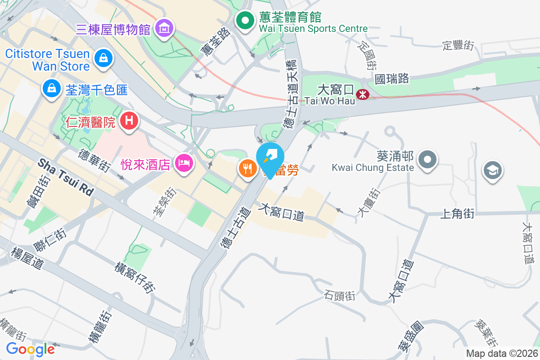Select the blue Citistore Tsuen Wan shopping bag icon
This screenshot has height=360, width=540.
(103, 58)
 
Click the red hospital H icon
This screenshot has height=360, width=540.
(130, 121)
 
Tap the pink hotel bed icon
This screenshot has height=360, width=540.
(184, 162)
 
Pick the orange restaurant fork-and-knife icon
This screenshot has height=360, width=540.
(247, 168)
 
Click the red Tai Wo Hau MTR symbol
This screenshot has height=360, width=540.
(362, 94)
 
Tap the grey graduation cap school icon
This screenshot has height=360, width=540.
(492, 170)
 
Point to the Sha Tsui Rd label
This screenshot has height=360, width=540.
(66, 177)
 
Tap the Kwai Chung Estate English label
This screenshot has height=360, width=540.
(373, 168)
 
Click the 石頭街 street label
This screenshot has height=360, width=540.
(340, 296)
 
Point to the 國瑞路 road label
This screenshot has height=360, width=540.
(392, 79)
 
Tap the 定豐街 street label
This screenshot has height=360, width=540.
(459, 45)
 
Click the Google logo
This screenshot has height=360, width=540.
(31, 349)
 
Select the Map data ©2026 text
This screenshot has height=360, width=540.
(501, 354)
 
